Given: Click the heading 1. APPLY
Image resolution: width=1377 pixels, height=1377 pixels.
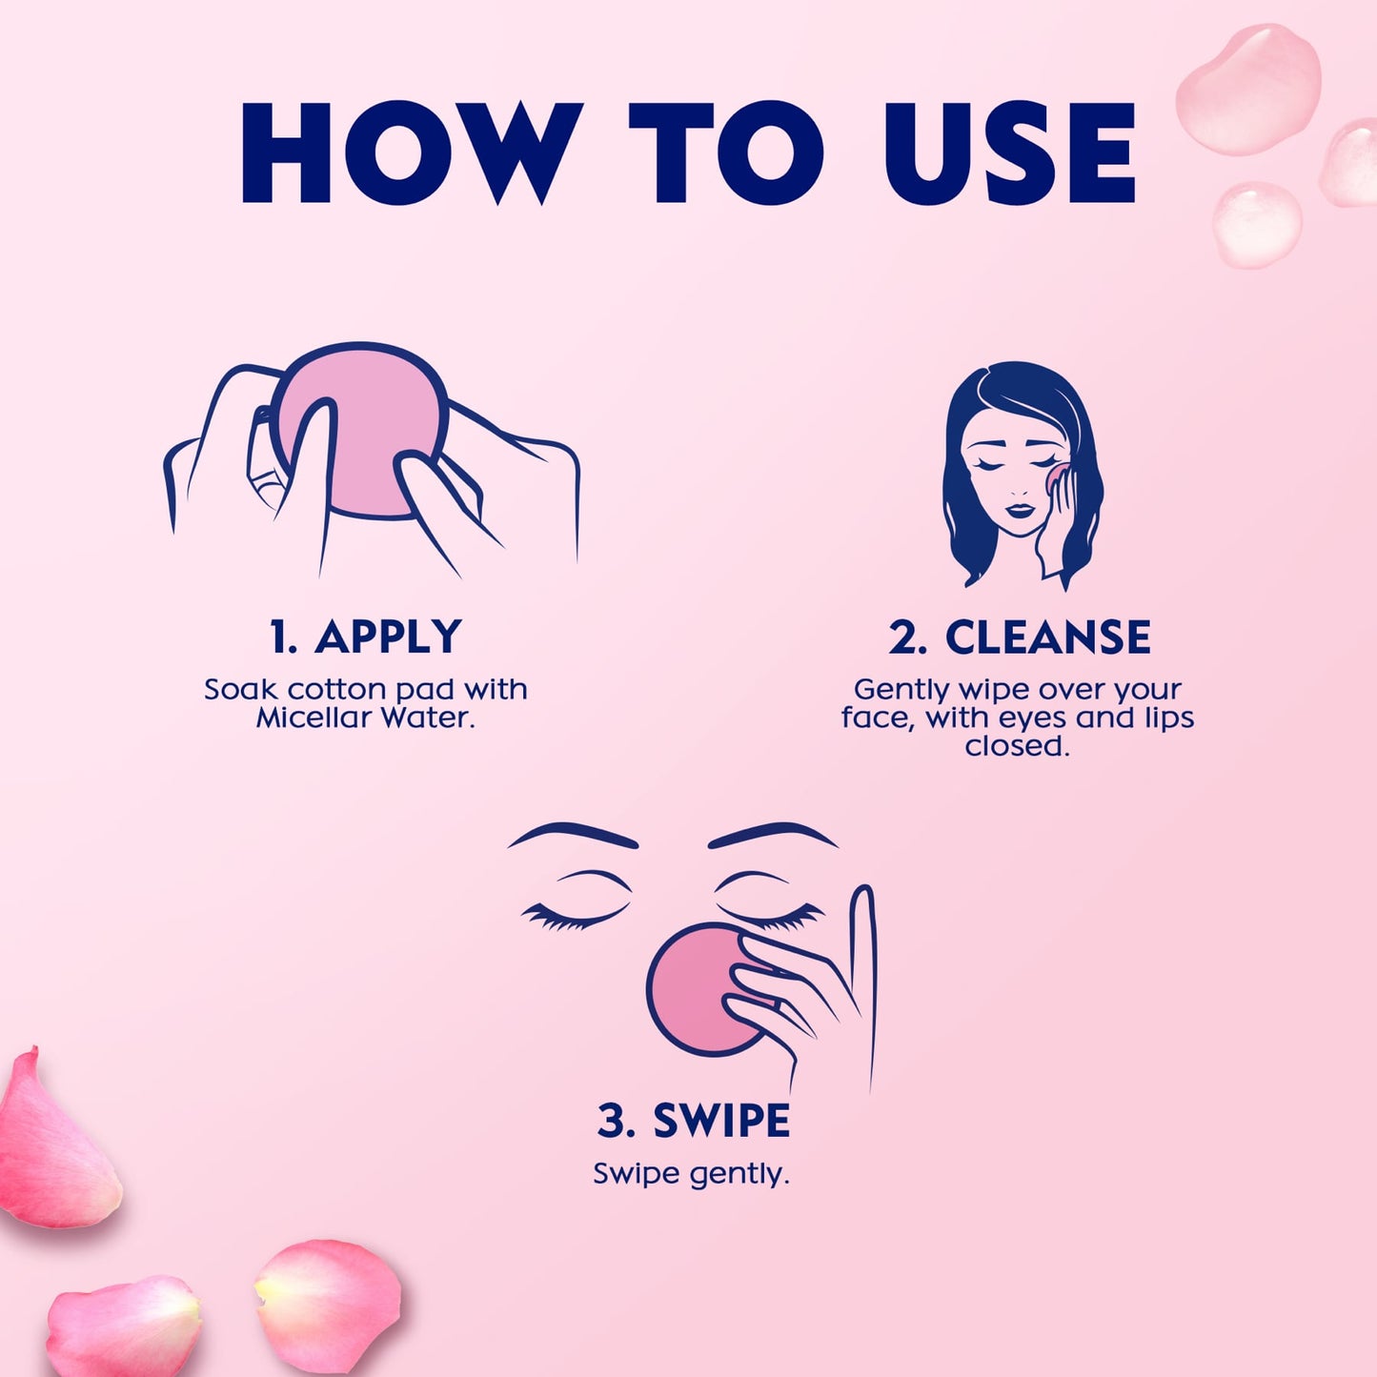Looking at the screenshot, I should coord(365,637).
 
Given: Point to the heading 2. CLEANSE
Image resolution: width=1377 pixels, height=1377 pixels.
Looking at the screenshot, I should coord(1019,637).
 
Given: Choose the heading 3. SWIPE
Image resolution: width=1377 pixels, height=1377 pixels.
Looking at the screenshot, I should coord(693,1121).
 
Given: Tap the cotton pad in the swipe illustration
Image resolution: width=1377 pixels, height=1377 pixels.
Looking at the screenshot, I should coord(691,991).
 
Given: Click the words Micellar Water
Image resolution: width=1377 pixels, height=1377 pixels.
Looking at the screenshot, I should coord(365,718).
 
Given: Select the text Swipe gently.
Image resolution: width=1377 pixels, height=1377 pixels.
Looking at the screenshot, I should coord(691,1173).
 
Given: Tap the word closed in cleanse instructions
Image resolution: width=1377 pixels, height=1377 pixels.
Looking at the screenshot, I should coord(1017,745).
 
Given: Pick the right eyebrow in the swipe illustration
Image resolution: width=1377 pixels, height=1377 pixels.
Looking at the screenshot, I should coord(772,835).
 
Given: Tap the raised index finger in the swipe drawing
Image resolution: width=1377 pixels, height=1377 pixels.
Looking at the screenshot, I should coord(862,953).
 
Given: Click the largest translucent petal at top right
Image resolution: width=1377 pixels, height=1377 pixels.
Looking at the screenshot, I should coord(1248,91).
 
